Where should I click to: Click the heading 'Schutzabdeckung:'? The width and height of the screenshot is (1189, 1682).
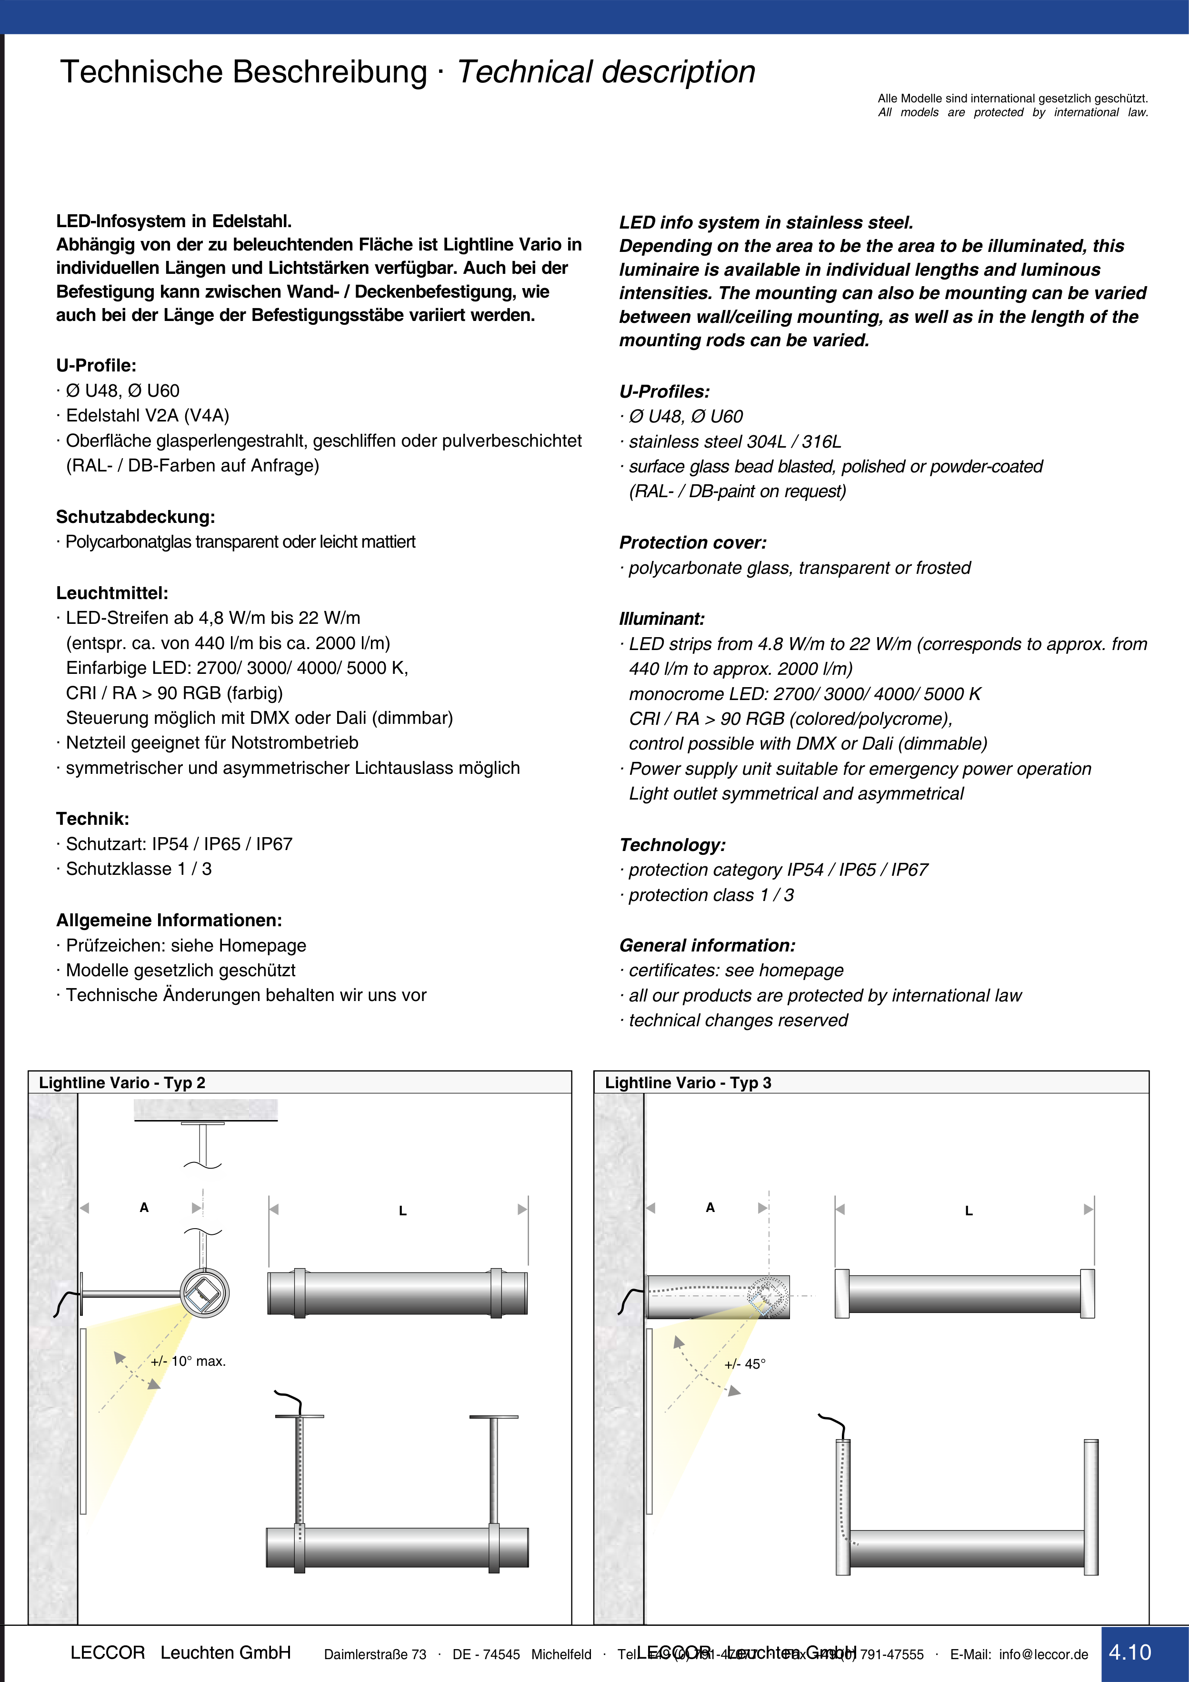pyautogui.click(x=136, y=517)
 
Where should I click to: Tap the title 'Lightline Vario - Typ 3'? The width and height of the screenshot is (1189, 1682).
pyautogui.click(x=688, y=1083)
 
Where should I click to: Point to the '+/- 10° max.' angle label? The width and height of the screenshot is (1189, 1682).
pyautogui.click(x=188, y=1361)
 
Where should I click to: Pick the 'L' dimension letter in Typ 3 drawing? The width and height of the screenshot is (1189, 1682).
pyautogui.click(x=969, y=1211)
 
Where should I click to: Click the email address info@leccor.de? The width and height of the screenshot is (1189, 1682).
pyautogui.click(x=1043, y=1654)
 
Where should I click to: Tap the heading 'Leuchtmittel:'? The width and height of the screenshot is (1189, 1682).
pyautogui.click(x=112, y=593)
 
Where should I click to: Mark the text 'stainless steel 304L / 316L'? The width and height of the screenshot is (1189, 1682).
pyautogui.click(x=735, y=442)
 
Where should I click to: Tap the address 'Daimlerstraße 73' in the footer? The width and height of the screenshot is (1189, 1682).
pyautogui.click(x=375, y=1654)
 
